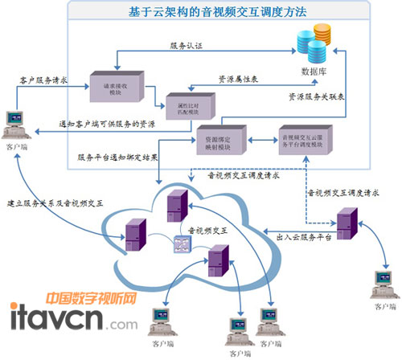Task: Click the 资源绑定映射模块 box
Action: (x=221, y=140)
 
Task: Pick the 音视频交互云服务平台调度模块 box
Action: (x=306, y=138)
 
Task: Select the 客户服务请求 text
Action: (x=43, y=80)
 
